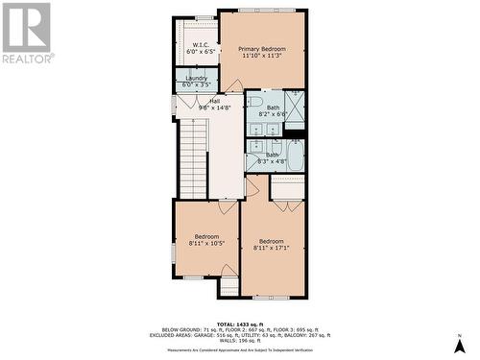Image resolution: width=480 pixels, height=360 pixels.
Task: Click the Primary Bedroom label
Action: coord(262,49)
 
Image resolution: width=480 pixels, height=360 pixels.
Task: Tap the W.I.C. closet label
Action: coord(201,45)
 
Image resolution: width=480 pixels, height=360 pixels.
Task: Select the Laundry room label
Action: coord(196,78)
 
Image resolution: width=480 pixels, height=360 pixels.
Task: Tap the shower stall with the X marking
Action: coord(296,108)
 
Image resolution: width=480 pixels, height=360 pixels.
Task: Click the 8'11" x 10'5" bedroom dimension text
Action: coord(206,244)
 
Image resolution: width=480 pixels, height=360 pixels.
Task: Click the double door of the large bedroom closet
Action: coord(288,202)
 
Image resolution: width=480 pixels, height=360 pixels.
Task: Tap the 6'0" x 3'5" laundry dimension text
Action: coord(196,85)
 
